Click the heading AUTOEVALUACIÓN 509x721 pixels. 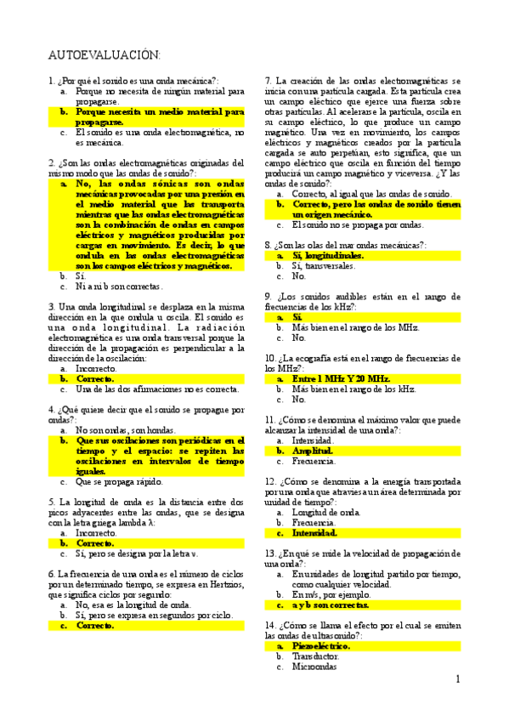104,55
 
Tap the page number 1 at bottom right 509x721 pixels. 457,679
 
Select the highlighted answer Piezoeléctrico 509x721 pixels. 320,645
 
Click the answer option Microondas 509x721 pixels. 314,667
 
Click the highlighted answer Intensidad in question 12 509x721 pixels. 314,533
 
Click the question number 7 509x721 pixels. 269,79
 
